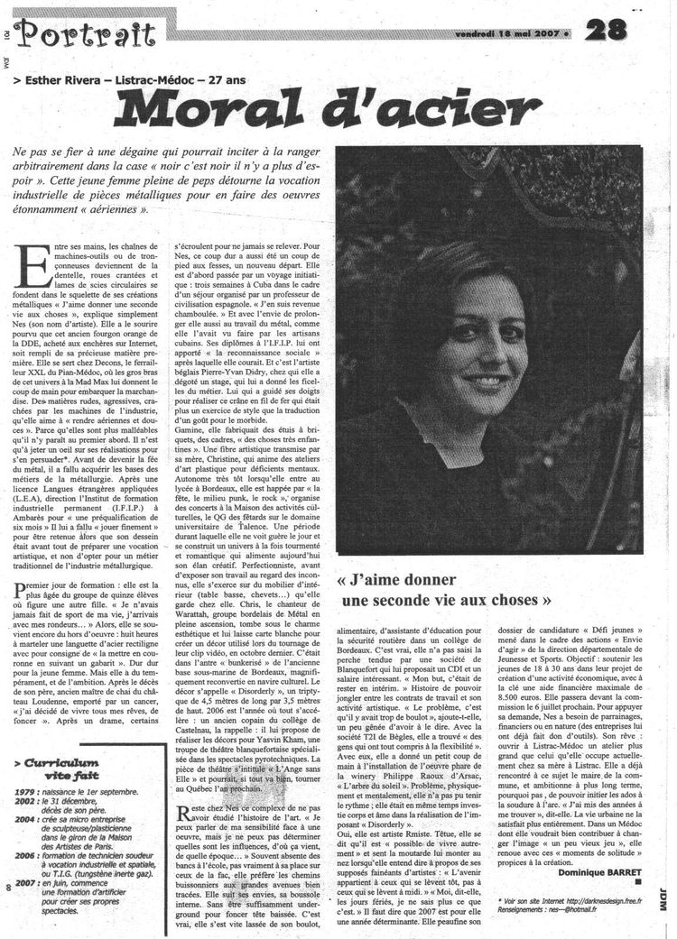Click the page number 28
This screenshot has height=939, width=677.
point(607,30)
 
